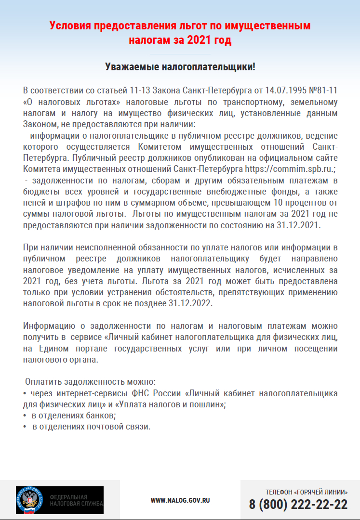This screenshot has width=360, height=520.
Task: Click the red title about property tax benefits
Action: pyautogui.click(x=180, y=32)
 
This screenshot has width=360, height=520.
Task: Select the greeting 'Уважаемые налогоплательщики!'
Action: pyautogui.click(x=180, y=67)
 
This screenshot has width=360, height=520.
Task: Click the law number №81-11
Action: pyautogui.click(x=320, y=91)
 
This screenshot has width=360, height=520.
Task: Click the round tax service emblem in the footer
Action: pyautogui.click(x=30, y=500)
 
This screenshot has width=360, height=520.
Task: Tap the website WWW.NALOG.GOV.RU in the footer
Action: pyautogui.click(x=180, y=501)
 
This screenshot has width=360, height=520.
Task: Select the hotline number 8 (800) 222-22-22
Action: pyautogui.click(x=298, y=505)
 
